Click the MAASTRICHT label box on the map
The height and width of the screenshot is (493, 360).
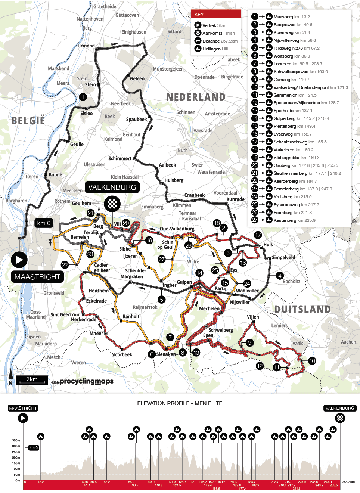pyautogui.click(x=37, y=277)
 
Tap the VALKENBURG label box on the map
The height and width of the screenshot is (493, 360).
pyautogui.click(x=112, y=187)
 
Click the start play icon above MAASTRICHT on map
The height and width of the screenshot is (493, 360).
pyautogui.click(x=19, y=260)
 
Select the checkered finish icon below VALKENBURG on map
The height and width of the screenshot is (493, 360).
pyautogui.click(x=112, y=204)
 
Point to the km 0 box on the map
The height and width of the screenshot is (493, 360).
pyautogui.click(x=44, y=223)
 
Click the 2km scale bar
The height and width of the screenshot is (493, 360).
pyautogui.click(x=32, y=380)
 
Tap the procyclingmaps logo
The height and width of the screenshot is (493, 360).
pyautogui.click(x=86, y=381)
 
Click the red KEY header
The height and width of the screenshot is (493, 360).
pyautogui.click(x=216, y=14)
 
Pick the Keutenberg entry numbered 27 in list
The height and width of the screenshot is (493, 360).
pyautogui.click(x=294, y=220)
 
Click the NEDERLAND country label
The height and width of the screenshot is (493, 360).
pyautogui.click(x=196, y=97)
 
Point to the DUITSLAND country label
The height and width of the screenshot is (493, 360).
pyautogui.click(x=302, y=309)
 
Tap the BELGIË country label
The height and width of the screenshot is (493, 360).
pyautogui.click(x=28, y=121)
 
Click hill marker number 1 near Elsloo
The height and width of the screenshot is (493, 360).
pyautogui.click(x=83, y=97)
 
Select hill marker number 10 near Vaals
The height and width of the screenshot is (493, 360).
pyautogui.click(x=312, y=361)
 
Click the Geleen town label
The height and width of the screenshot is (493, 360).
pyautogui.click(x=137, y=79)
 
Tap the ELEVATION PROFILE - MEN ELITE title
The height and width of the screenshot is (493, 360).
pyautogui.click(x=180, y=403)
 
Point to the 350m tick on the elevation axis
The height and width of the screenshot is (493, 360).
pyautogui.click(x=16, y=440)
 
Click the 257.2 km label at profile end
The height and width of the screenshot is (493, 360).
pyautogui.click(x=348, y=482)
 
